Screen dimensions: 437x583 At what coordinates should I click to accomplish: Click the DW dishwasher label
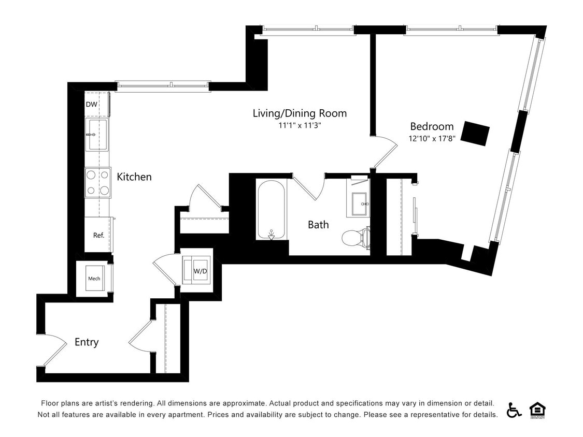[x=91, y=104]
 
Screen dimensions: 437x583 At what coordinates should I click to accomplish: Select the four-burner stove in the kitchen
[x=98, y=183]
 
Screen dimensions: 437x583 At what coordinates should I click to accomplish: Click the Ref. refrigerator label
[x=98, y=235]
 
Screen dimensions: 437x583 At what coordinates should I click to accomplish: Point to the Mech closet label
[x=94, y=279]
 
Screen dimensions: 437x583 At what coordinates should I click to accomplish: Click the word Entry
[x=87, y=342]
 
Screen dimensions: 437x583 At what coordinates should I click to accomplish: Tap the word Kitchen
[x=134, y=177]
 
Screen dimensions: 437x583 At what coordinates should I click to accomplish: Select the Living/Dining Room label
[x=300, y=113]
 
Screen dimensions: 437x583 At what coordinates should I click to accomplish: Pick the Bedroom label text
[x=432, y=126]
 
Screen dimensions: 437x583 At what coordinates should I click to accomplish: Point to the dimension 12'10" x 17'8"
[x=432, y=139]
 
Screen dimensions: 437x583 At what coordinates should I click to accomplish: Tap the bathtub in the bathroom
[x=272, y=209]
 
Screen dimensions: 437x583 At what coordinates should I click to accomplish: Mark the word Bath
[x=318, y=225]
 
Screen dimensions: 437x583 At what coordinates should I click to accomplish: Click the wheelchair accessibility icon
[x=514, y=410]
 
